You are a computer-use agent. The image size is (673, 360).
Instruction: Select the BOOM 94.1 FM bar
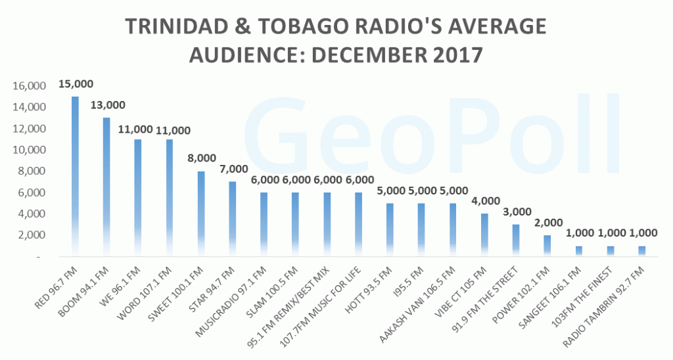click(x=106, y=187)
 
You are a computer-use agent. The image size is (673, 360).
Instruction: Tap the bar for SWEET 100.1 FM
click(x=201, y=214)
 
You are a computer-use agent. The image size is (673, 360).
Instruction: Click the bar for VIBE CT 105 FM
click(x=484, y=235)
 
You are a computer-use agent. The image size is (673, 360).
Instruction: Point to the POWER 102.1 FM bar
click(x=547, y=246)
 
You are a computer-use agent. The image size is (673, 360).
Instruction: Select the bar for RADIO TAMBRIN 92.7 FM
click(x=642, y=251)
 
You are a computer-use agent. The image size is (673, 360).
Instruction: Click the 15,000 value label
click(x=76, y=84)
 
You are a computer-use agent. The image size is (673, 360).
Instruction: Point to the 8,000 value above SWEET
click(x=202, y=158)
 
